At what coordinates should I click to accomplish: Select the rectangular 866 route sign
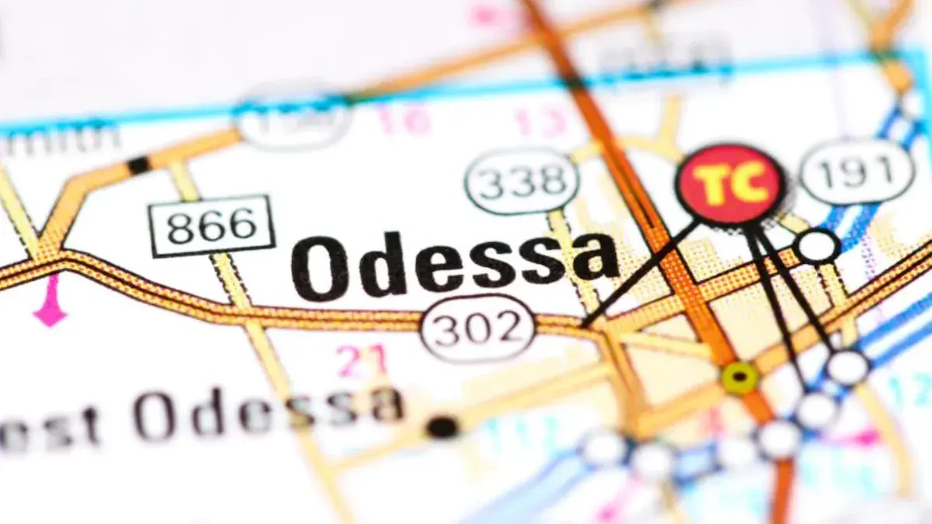213,226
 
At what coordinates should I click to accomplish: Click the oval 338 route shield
522,182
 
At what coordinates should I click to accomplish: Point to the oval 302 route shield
478,328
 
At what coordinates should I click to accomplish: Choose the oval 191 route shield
857,172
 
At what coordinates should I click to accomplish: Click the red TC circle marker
730,185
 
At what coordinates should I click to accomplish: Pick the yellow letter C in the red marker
749,185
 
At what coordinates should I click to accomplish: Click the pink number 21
361,359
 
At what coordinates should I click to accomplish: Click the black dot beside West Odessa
442,426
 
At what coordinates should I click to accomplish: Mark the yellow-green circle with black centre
739,377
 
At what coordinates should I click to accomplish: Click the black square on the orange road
139,165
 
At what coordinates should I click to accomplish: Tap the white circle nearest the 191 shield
817,246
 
